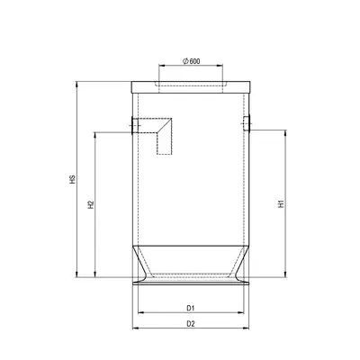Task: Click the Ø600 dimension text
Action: pos(192,61)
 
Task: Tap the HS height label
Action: pos(72,179)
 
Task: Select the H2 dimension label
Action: pos(91,204)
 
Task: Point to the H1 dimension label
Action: pos(281,203)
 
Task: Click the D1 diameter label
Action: pos(191,308)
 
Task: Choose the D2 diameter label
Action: pos(191,324)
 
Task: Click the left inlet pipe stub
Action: pos(135,125)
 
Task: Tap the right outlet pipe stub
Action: pos(247,123)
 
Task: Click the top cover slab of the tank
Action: pos(191,87)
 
